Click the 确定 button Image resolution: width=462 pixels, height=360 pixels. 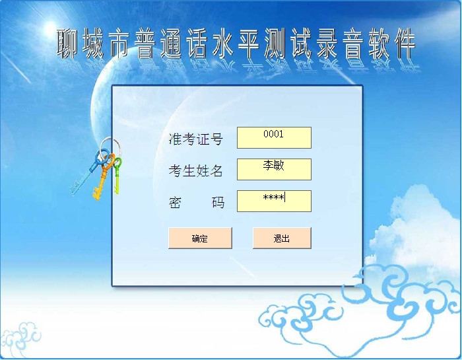tap(200, 238)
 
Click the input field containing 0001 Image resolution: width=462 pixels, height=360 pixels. tap(274, 137)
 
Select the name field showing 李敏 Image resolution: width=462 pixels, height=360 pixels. tap(274, 169)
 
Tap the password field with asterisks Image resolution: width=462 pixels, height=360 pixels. tap(274, 201)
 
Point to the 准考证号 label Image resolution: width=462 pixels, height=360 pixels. tap(195, 139)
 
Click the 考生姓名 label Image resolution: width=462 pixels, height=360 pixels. tap(195, 170)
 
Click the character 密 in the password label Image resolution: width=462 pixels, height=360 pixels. tap(175, 203)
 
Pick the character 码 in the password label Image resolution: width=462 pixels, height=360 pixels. tap(218, 203)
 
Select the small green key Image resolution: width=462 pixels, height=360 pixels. tap(117, 176)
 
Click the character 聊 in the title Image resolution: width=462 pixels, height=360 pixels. tap(67, 43)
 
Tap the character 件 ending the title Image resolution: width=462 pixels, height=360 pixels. tap(405, 43)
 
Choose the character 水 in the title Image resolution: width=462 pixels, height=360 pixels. tap(223, 43)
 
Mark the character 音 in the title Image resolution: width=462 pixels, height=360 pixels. tap(353, 43)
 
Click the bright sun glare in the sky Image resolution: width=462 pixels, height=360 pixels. tap(50, 28)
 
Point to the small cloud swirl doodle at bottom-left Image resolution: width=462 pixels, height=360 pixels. tap(20, 340)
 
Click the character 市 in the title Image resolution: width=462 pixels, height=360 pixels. tap(119, 43)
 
